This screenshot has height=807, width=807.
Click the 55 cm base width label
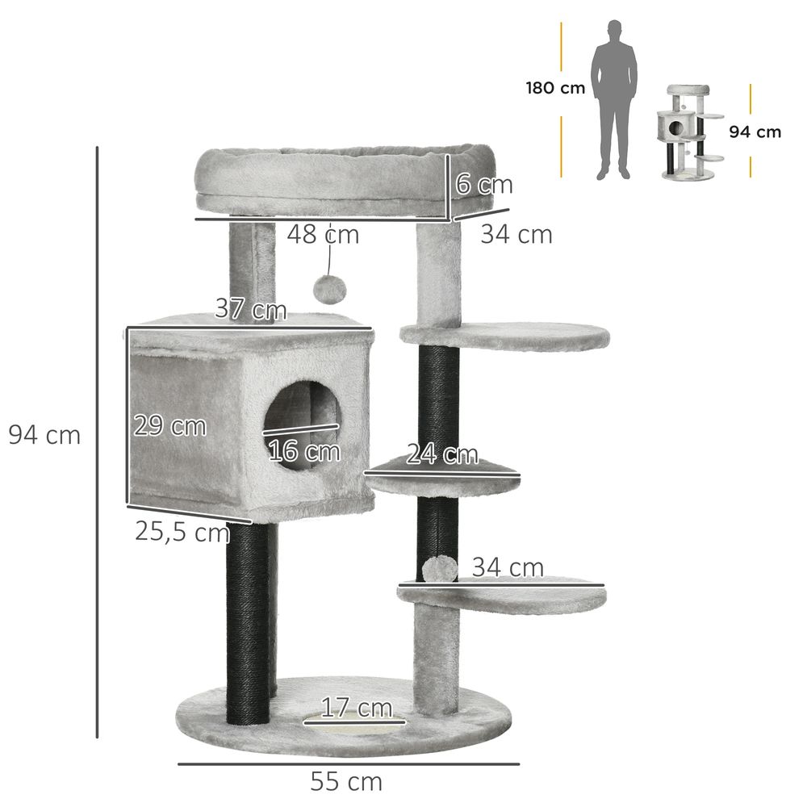[x=346, y=782]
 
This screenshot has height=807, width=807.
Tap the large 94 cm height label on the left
[x=44, y=436]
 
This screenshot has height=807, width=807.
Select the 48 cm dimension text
[x=323, y=235]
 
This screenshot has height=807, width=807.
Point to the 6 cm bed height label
[x=483, y=184]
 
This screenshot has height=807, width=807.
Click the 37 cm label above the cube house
[x=251, y=309]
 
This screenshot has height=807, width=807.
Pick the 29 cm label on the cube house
[x=169, y=426]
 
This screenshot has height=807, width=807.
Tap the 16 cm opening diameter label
[x=304, y=451]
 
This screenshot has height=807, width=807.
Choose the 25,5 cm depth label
[x=182, y=531]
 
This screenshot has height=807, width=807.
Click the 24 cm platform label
[x=442, y=454]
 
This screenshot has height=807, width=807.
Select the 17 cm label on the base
[x=357, y=708]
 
